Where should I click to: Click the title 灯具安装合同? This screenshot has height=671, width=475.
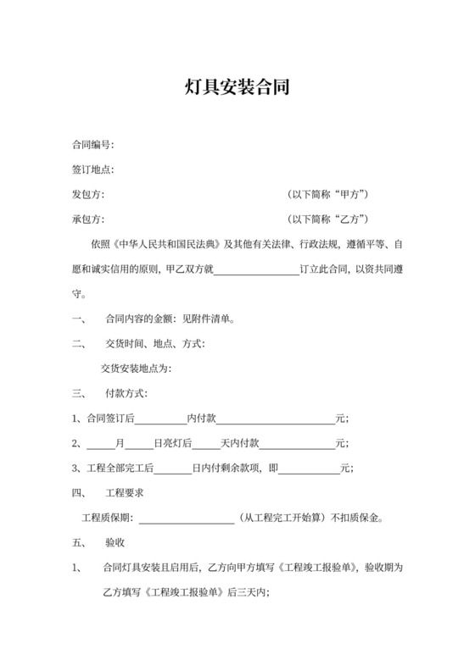pos(237,86)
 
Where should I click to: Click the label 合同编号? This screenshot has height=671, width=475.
pos(92,146)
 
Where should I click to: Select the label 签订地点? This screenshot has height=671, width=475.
pos(92,170)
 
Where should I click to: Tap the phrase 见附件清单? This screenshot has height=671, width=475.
pos(207,319)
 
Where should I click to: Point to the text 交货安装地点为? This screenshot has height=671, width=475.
pos(136,369)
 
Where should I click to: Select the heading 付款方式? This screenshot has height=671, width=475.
pos(126,393)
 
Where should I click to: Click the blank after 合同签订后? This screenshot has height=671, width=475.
pos(160,419)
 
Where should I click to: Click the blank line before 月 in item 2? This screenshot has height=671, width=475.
pos(101,443)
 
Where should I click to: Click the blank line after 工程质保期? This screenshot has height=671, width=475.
pos(186,518)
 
